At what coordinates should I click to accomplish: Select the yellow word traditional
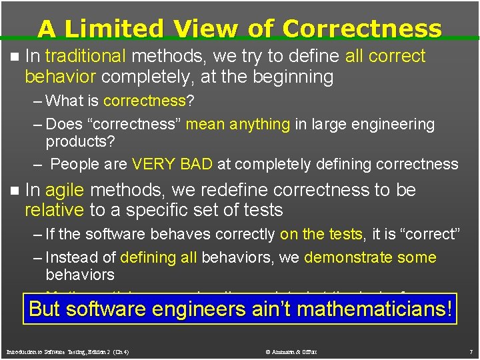[85, 56]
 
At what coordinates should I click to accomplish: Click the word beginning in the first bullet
[293, 77]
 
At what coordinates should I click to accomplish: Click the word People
[74, 164]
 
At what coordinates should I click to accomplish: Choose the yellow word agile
[65, 190]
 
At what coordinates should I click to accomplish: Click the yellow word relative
[53, 210]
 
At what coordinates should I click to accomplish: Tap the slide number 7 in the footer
[470, 351]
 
